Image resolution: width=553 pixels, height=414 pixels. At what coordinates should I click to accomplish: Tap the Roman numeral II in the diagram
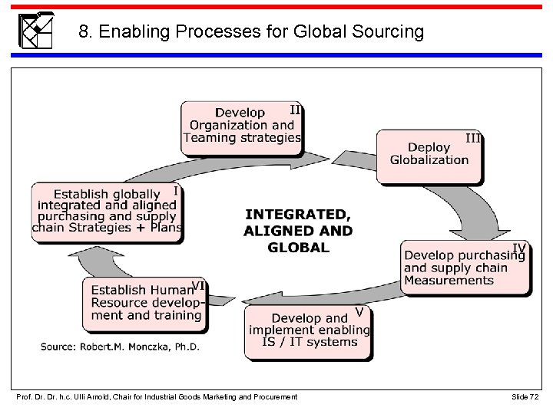[295, 110]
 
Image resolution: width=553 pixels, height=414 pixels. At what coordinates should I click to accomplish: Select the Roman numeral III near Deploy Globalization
[474, 138]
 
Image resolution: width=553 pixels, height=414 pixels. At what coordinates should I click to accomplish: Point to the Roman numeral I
[176, 190]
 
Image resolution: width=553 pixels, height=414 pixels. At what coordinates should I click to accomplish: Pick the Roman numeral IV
[520, 247]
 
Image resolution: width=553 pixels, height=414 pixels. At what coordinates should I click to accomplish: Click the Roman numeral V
[359, 311]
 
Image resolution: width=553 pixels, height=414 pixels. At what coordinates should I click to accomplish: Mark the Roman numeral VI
[198, 285]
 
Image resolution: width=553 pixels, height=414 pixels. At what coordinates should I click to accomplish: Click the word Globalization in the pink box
[429, 160]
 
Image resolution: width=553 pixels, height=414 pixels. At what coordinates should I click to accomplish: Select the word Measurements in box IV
[449, 281]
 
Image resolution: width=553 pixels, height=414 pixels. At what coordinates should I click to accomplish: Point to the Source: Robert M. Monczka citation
[120, 347]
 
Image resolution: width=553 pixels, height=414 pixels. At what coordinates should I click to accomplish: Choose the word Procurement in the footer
[273, 396]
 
